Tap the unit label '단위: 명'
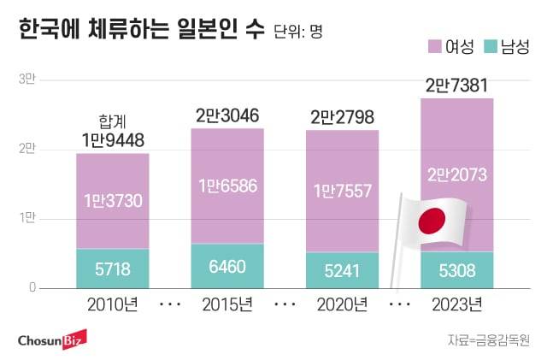click(x=298, y=33)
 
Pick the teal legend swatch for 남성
click(x=489, y=47)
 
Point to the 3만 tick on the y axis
click(x=27, y=80)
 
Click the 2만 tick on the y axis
click(x=27, y=150)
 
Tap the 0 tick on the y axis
click(x=32, y=287)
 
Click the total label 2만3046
click(x=227, y=114)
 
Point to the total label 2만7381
click(x=457, y=86)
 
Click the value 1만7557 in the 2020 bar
click(x=342, y=191)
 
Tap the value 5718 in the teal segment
click(x=112, y=269)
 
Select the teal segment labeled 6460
click(x=227, y=266)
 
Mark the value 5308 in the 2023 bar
click(x=457, y=270)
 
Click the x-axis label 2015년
click(x=227, y=304)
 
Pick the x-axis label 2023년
click(x=457, y=304)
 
